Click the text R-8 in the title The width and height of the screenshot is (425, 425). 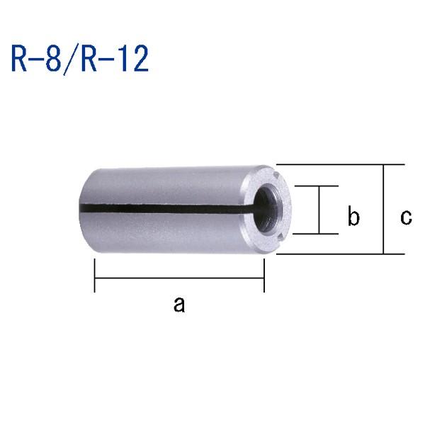click(x=38, y=59)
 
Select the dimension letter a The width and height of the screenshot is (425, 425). click(x=179, y=305)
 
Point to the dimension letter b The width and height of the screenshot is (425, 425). click(x=353, y=217)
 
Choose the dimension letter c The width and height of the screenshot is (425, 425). click(x=405, y=217)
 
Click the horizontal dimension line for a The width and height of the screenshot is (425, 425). click(x=179, y=278)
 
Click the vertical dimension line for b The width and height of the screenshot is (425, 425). click(x=319, y=210)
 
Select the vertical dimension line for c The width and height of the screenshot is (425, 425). click(x=383, y=210)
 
